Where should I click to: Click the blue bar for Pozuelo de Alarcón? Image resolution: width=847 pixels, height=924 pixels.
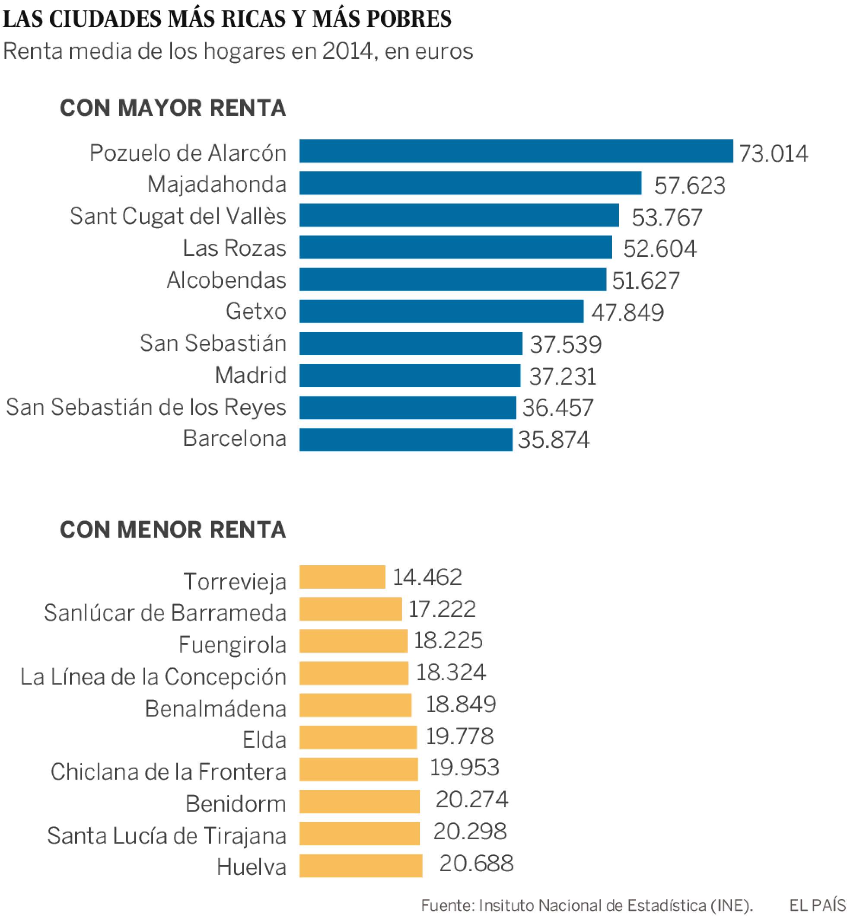516,151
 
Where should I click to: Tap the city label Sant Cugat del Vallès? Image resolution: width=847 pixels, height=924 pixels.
178,216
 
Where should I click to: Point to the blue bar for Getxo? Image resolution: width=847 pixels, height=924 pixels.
441,311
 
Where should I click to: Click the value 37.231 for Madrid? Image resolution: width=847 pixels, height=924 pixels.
562,376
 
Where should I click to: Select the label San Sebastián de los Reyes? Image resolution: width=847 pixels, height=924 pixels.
146,407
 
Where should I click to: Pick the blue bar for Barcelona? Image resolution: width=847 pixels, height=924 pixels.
406,440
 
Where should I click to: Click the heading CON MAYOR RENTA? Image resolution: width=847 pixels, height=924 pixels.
173,108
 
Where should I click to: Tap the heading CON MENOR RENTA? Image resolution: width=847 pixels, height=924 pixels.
173,530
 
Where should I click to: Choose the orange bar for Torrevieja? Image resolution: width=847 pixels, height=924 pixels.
342,577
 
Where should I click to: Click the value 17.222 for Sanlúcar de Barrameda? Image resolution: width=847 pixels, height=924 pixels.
442,609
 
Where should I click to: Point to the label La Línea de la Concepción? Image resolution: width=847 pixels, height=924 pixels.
153,677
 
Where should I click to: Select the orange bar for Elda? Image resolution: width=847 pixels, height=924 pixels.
358,737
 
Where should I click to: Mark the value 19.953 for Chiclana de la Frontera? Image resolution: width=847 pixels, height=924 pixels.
464,767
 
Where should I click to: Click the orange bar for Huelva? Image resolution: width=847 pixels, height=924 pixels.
361,866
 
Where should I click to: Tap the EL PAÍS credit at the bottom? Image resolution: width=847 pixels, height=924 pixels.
817,906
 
